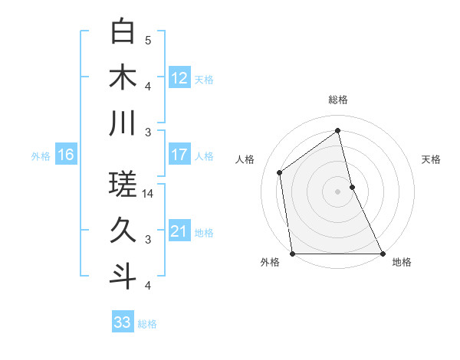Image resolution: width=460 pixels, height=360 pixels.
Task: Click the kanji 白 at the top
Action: coord(123,33)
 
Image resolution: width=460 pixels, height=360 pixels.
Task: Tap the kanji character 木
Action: coord(123,78)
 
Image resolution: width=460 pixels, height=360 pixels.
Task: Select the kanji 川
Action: coord(123,123)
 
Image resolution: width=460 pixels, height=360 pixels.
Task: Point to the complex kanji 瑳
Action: coord(123,185)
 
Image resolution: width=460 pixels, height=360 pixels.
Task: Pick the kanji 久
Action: coord(123,230)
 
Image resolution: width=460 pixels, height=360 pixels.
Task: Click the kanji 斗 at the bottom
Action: coord(123,275)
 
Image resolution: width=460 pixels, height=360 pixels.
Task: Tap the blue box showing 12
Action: coord(179,77)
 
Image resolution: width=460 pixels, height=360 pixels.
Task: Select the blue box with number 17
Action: coord(179,155)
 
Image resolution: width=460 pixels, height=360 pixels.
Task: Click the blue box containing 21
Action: coord(179,231)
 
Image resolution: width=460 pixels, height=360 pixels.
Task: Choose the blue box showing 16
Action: coord(66,155)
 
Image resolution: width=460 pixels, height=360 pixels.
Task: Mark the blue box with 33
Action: coord(123,322)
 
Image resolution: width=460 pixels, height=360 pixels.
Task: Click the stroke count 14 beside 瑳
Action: coord(149,194)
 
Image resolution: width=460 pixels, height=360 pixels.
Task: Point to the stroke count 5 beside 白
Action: coord(149,41)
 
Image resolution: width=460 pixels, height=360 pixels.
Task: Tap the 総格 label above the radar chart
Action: coord(338,100)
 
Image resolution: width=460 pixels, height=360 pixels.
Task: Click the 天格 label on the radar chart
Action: coord(432,159)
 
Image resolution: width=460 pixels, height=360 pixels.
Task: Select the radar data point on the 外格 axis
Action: coord(293,254)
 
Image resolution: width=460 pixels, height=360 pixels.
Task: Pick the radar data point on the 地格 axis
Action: coord(383,254)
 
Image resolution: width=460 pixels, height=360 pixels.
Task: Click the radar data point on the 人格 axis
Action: coord(280,172)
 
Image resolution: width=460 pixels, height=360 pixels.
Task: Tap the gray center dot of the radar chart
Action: coord(338,191)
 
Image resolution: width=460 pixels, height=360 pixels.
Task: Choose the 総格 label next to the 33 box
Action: coord(147,324)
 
